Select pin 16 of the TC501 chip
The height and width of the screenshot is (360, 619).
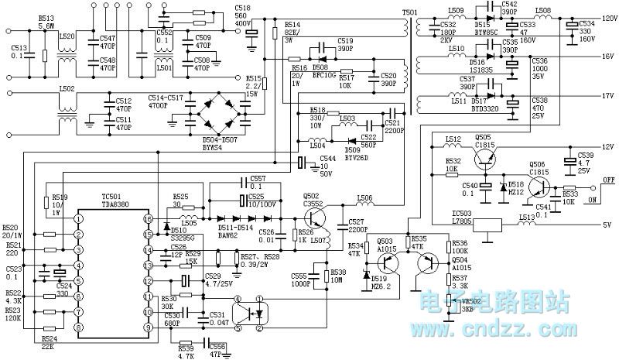(x=148, y=220)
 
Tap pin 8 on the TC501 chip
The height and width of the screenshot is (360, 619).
(x=79, y=328)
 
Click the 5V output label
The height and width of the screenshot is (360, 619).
(x=607, y=226)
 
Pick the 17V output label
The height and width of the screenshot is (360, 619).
(x=606, y=96)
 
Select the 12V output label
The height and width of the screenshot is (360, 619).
(x=606, y=146)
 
